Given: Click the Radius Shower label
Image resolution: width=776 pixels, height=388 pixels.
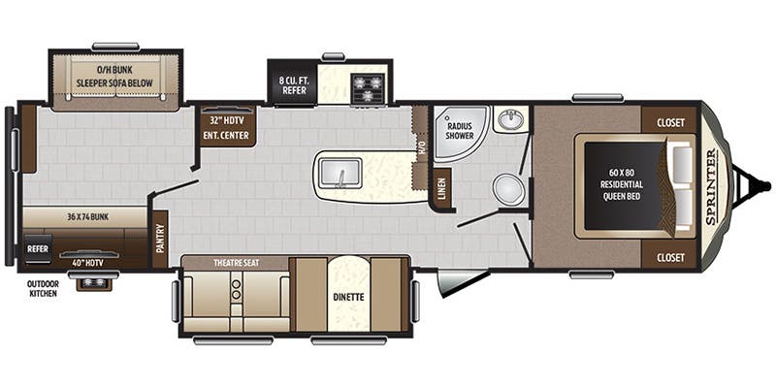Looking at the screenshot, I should pos(460,131).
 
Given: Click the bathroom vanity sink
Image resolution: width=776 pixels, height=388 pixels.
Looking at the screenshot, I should pos(511,120).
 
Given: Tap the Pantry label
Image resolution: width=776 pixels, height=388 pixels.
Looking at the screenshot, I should pos(159,233).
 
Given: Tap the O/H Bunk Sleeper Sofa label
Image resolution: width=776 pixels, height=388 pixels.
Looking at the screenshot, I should pos(116,79).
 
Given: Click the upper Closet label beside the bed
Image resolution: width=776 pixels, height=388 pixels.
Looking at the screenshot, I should pos(669,123).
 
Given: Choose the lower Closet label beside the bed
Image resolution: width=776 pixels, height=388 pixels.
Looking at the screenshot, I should pos(669,257).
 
